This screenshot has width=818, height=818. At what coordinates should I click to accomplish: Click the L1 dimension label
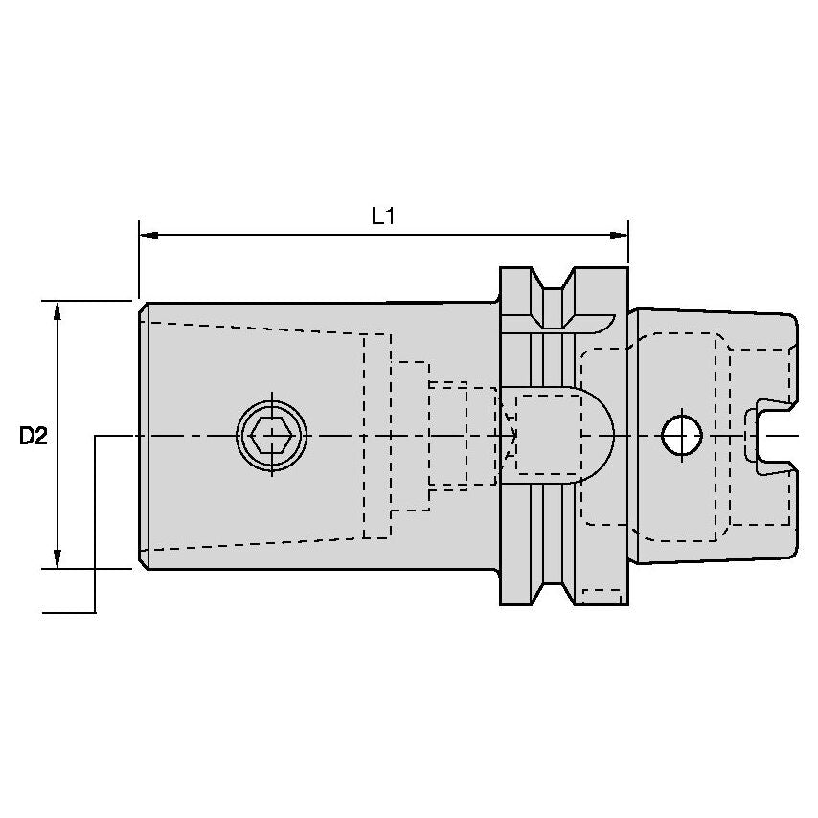(x=383, y=216)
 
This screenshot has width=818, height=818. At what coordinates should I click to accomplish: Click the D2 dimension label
(x=34, y=437)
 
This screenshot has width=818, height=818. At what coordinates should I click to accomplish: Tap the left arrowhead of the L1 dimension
(x=147, y=234)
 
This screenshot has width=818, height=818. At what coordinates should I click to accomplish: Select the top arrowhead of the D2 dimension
(x=57, y=308)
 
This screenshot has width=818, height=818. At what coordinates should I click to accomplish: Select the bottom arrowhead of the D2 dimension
(x=57, y=559)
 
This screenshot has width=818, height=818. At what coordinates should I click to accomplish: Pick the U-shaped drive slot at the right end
(x=771, y=436)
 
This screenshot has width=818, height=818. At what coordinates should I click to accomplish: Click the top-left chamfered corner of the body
(x=143, y=309)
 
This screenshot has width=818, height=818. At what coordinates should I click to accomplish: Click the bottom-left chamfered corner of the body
(x=143, y=562)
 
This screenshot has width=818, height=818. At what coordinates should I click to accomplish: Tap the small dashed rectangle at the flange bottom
(x=601, y=596)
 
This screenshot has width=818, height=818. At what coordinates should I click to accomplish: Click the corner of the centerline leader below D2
(x=95, y=611)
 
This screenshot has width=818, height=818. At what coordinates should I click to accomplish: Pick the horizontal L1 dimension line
(x=383, y=234)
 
